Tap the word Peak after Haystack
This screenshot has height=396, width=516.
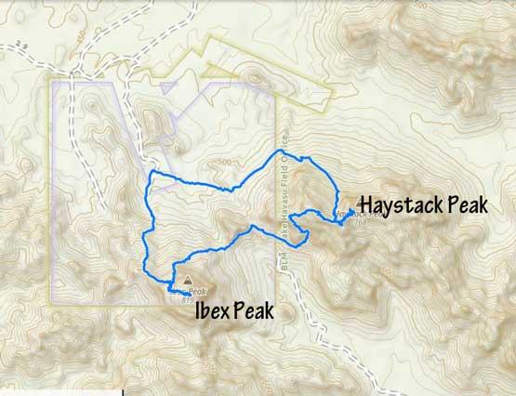(x=464, y=204)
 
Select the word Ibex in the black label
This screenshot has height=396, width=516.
(x=213, y=310)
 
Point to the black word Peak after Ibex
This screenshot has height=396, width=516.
(x=254, y=310)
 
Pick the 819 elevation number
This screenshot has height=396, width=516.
(x=188, y=299)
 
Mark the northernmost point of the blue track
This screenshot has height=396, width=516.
(x=279, y=151)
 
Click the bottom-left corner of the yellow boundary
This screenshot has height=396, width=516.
(x=50, y=303)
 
